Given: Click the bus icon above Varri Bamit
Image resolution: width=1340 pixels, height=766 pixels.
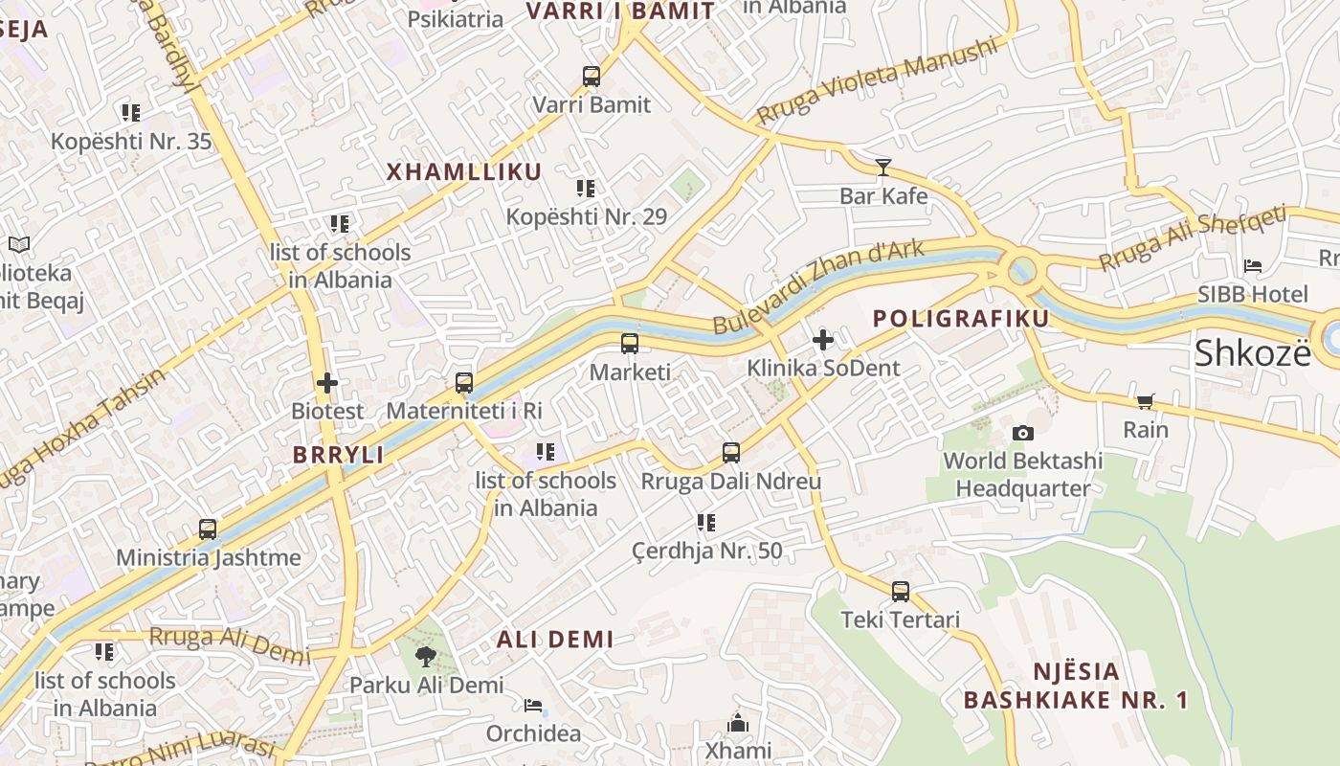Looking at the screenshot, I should click(x=592, y=77).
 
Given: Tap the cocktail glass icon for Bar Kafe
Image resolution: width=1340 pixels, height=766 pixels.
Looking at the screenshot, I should click(x=882, y=168).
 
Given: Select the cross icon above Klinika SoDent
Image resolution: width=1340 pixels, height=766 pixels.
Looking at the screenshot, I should click(x=822, y=340).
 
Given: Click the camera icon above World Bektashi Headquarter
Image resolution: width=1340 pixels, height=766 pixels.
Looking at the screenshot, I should click(x=1022, y=433).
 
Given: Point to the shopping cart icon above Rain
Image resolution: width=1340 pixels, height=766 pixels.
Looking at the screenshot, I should click(x=1145, y=401).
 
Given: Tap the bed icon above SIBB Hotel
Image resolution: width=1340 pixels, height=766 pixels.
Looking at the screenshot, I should click(x=1252, y=266).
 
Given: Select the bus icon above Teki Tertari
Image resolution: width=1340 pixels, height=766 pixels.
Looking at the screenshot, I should click(x=900, y=592).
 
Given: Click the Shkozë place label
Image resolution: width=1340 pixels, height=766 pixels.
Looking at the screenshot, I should click(x=1252, y=353).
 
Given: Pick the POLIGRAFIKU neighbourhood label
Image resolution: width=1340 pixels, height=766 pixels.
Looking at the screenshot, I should click(x=961, y=318).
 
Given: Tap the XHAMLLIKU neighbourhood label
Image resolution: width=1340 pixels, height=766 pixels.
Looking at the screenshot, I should click(x=464, y=172).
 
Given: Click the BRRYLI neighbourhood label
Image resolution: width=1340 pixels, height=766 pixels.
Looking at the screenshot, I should click(x=339, y=455).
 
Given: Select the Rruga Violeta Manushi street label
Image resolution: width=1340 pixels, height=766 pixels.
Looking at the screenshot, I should click(x=876, y=83).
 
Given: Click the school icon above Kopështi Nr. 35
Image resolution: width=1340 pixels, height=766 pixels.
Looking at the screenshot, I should click(x=131, y=113).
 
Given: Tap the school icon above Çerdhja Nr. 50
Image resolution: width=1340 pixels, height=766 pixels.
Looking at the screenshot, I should click(x=706, y=523).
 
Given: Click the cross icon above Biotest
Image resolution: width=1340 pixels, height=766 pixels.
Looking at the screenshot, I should click(x=327, y=383).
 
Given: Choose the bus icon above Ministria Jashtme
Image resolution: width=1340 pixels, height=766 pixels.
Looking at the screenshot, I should click(x=207, y=529).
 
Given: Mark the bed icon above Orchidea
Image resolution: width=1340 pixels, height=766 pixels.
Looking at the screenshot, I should click(x=533, y=707).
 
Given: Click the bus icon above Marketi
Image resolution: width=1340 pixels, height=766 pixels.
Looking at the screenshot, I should click(x=629, y=344).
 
